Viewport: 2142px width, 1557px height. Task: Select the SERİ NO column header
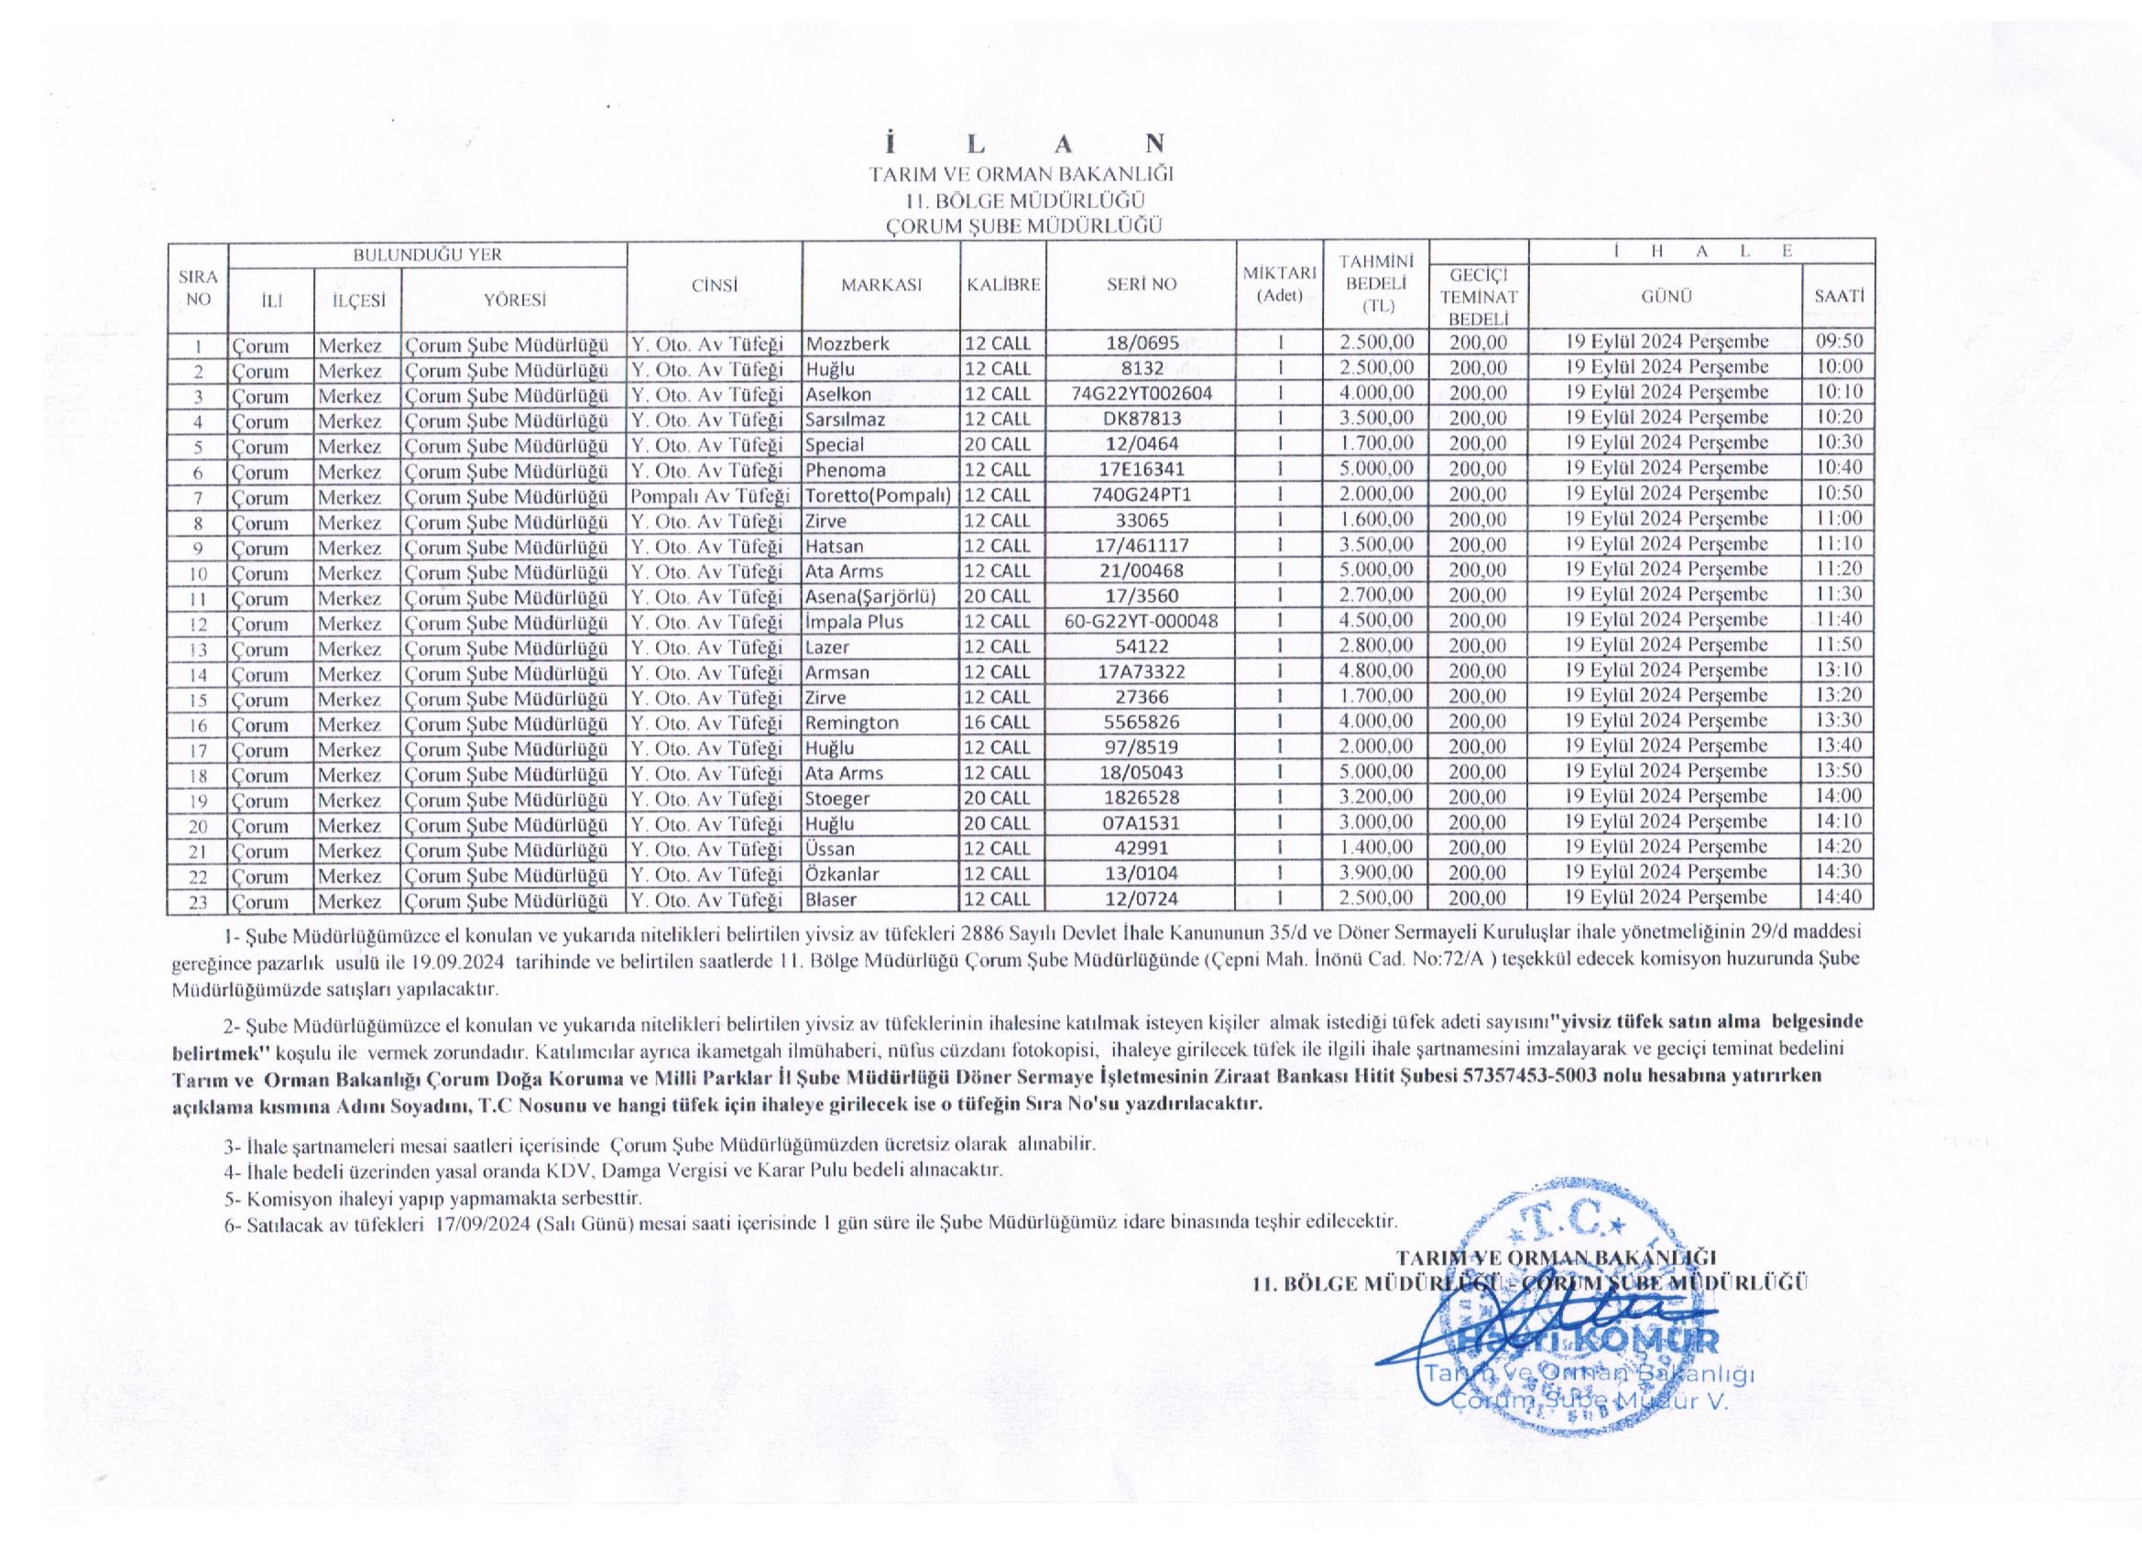(x=1141, y=284)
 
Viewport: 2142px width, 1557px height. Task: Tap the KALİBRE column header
(x=1003, y=284)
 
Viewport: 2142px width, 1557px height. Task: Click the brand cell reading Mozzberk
(x=847, y=343)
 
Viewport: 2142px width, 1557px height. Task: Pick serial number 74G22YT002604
(x=1141, y=394)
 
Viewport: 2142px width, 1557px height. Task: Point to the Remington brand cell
(x=852, y=724)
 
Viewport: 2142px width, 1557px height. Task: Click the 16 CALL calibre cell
(x=998, y=724)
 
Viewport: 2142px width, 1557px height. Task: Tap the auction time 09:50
(x=1838, y=342)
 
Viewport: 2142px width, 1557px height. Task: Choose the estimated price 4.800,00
(x=1377, y=672)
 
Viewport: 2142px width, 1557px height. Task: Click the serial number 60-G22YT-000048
(x=1141, y=621)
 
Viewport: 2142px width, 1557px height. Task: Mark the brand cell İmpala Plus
(x=854, y=621)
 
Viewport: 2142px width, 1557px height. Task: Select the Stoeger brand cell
(x=836, y=799)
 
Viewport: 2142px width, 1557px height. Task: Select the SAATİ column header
(x=1838, y=296)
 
